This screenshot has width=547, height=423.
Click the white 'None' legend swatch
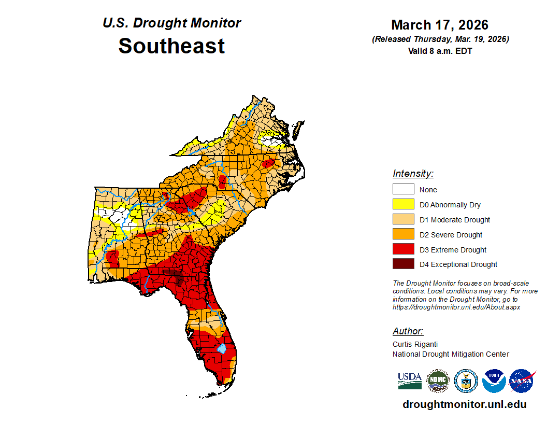(x=403, y=189)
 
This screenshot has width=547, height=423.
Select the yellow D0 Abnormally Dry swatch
(x=403, y=204)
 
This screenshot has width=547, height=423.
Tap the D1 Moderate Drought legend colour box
(x=403, y=219)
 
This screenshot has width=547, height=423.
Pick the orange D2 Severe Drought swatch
(x=403, y=234)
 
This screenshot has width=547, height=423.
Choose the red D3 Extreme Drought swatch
(x=403, y=249)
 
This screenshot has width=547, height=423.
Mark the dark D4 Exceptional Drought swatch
(x=403, y=264)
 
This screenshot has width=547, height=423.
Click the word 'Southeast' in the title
(x=171, y=46)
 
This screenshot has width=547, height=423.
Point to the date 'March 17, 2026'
(x=440, y=25)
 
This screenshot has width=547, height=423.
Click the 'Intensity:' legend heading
(x=413, y=174)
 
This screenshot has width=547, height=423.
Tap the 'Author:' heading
(x=408, y=331)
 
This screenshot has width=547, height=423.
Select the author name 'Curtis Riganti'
(x=415, y=344)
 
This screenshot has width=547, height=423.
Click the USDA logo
(x=410, y=381)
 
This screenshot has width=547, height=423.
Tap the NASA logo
(x=522, y=381)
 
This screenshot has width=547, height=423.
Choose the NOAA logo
(x=494, y=381)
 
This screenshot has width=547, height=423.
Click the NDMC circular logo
(x=438, y=381)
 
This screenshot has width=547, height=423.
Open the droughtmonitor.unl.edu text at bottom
(x=464, y=404)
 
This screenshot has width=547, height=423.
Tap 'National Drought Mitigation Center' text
(x=451, y=354)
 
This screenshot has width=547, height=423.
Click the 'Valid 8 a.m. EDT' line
(x=440, y=51)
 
